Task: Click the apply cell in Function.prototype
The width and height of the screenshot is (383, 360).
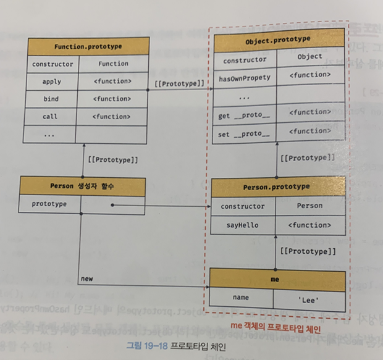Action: coord(52,81)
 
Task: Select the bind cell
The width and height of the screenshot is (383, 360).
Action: coord(52,99)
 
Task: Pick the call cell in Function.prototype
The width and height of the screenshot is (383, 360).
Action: coord(52,116)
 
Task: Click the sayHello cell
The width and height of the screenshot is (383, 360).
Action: coord(242,226)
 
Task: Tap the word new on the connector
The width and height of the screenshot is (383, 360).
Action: coord(86,279)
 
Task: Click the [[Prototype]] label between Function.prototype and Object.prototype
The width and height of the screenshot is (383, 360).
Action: coord(178,82)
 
